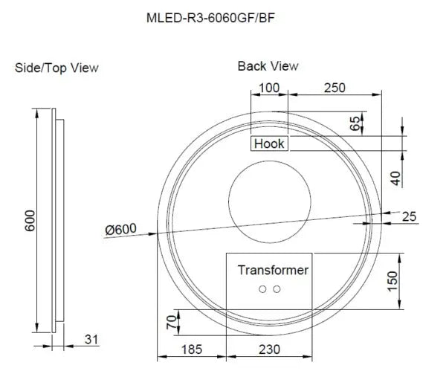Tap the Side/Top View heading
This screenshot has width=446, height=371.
(56, 68)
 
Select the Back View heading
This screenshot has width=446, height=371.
(268, 66)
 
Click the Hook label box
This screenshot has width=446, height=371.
(269, 143)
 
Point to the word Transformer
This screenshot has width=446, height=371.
(273, 270)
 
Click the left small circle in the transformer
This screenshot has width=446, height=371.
(262, 289)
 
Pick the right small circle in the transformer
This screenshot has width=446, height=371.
(277, 289)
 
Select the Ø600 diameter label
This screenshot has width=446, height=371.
(120, 230)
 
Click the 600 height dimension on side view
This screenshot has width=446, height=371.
(30, 219)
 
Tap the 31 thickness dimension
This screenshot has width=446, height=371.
(91, 340)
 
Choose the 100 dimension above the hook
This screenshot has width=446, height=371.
(268, 88)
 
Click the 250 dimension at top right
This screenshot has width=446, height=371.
(335, 88)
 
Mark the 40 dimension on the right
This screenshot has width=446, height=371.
(395, 178)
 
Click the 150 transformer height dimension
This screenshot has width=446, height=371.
(393, 281)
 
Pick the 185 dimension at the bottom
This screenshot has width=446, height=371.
(191, 349)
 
